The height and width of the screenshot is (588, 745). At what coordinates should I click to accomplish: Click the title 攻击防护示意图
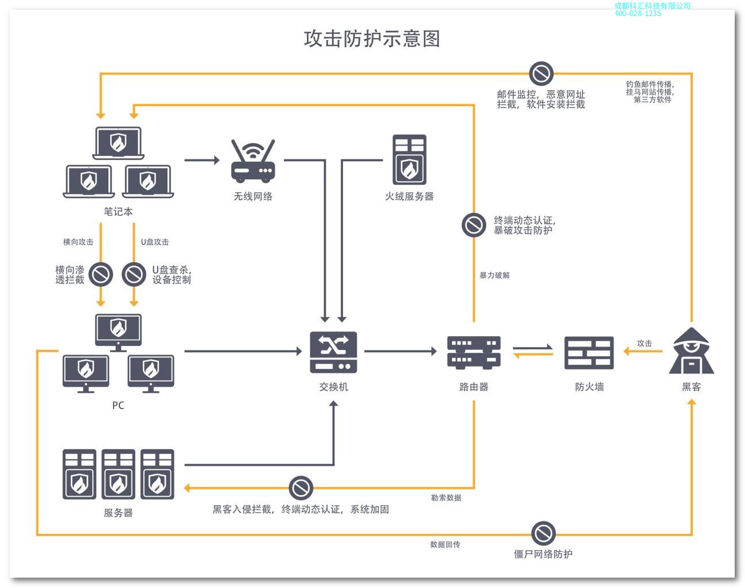[372, 39]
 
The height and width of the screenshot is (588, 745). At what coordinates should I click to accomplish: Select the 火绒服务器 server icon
[409, 159]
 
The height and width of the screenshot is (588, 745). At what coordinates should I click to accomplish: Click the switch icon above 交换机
[333, 352]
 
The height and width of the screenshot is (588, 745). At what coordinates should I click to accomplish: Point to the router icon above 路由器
[474, 352]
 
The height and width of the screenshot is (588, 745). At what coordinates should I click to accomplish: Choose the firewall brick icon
[589, 352]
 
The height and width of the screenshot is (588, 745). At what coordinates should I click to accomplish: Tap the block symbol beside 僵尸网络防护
[543, 534]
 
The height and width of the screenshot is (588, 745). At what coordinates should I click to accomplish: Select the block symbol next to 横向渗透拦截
[101, 274]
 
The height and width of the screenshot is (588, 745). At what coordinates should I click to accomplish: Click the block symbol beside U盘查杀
[134, 274]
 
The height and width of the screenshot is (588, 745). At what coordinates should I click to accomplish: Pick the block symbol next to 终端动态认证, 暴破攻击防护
[474, 225]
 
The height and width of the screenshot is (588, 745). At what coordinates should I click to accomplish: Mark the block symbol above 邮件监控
[541, 73]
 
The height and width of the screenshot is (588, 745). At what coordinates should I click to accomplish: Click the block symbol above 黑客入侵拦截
[301, 488]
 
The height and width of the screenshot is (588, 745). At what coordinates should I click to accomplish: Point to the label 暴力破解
[494, 275]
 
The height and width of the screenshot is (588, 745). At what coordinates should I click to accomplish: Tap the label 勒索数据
[446, 498]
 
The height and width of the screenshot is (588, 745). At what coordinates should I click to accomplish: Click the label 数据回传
[445, 544]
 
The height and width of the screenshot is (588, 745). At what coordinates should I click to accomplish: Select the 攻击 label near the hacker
[644, 343]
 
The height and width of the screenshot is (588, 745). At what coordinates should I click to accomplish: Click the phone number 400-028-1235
[638, 13]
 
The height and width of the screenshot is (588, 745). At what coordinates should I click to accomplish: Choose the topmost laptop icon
[118, 143]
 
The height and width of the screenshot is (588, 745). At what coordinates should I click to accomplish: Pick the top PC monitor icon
[118, 332]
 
